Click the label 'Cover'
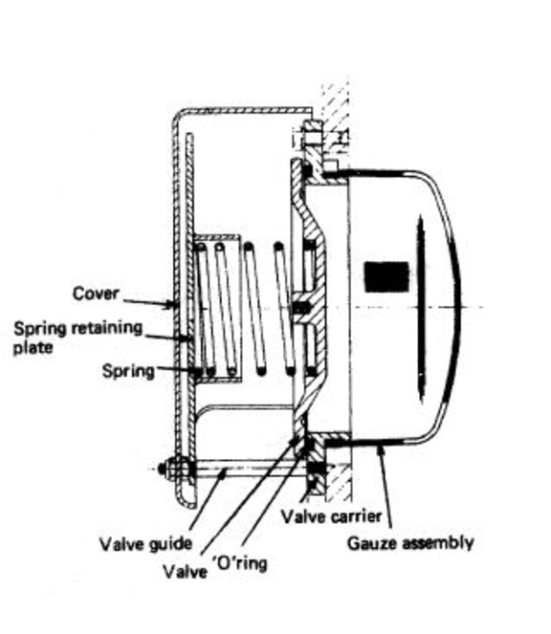point(97,294)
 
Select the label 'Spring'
point(127,370)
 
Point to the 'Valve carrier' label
point(331,516)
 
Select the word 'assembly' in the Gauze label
point(439,544)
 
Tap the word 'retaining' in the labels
point(108,328)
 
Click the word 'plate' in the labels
point(30,348)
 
